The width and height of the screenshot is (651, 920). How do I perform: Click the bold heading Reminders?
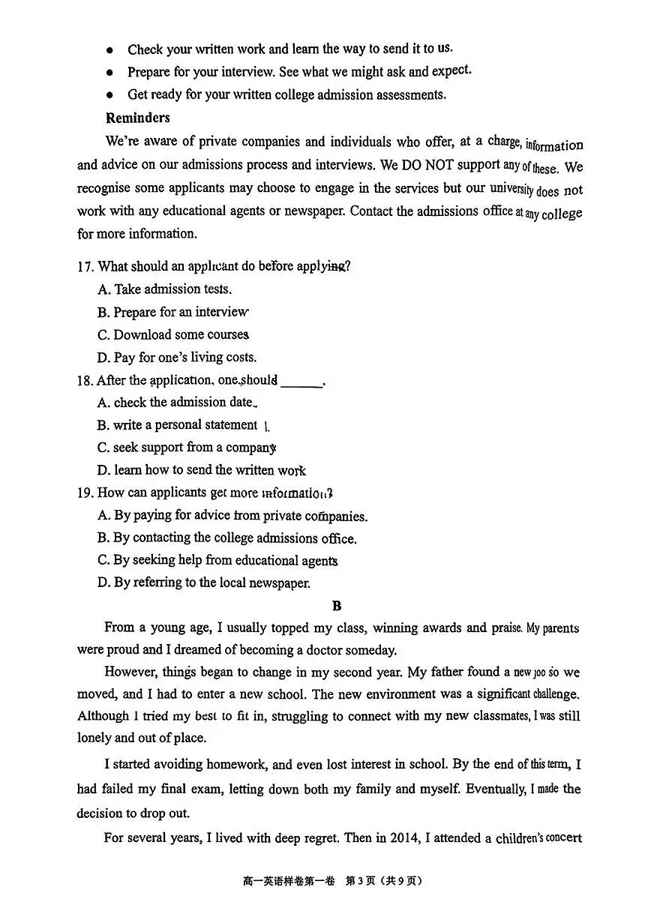137,118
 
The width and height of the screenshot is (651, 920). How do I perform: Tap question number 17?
85,266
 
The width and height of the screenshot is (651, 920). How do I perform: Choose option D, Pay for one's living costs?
177,357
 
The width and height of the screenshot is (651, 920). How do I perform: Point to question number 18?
85,380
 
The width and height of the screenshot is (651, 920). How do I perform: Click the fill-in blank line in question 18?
301,383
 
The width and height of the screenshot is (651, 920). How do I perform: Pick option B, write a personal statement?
177,424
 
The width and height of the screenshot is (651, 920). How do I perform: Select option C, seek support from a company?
186,448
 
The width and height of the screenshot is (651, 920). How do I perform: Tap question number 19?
85,493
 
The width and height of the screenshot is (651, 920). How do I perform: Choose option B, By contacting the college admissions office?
226,538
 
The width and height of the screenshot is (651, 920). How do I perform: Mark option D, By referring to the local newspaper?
203,583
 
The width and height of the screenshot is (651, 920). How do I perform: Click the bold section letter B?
337,605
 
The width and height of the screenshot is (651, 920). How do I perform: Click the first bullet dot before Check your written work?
109,50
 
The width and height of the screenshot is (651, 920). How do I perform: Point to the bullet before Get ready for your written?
109,95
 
